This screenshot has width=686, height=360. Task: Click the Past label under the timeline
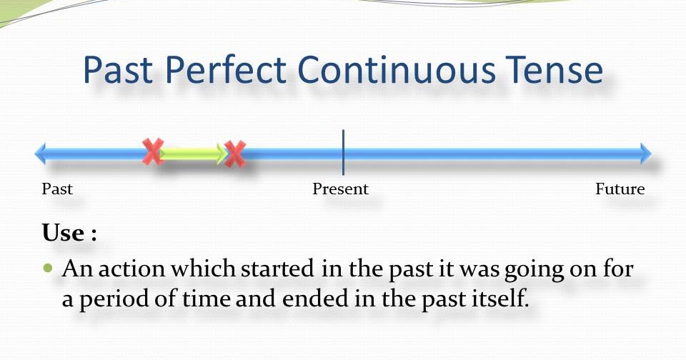[57, 189]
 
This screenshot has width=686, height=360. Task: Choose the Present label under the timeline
[340, 189]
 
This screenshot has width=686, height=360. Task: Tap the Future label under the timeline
[620, 189]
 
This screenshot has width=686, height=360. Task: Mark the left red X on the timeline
[153, 151]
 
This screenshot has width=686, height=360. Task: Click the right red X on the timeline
[234, 154]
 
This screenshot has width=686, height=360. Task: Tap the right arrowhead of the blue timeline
[646, 153]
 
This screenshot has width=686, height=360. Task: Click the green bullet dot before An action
[49, 269]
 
